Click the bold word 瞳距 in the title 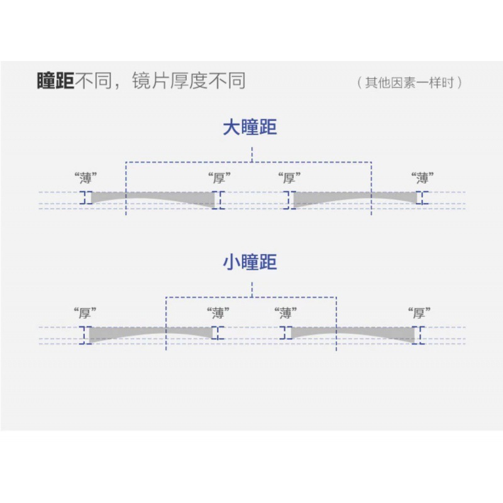tap(55, 81)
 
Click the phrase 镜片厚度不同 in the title tap(189, 81)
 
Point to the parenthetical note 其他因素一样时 tap(409, 82)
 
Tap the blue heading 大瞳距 tap(250, 128)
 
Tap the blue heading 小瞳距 tap(250, 262)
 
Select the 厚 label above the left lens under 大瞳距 tap(219, 178)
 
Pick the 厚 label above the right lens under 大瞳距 tap(289, 178)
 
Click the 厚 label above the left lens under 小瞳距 tap(85, 312)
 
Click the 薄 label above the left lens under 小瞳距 tap(218, 312)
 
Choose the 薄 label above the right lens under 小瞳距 tap(286, 312)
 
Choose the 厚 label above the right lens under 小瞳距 tap(419, 312)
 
